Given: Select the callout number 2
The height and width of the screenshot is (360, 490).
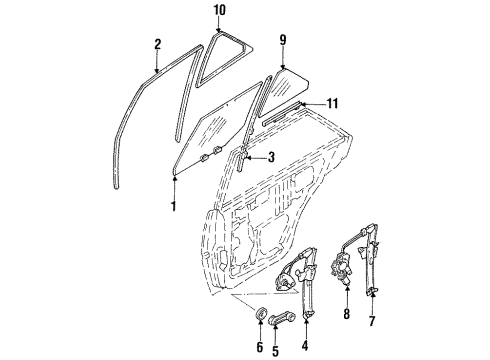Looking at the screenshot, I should click(158, 43).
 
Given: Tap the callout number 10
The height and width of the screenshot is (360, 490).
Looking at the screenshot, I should click(220, 10).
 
